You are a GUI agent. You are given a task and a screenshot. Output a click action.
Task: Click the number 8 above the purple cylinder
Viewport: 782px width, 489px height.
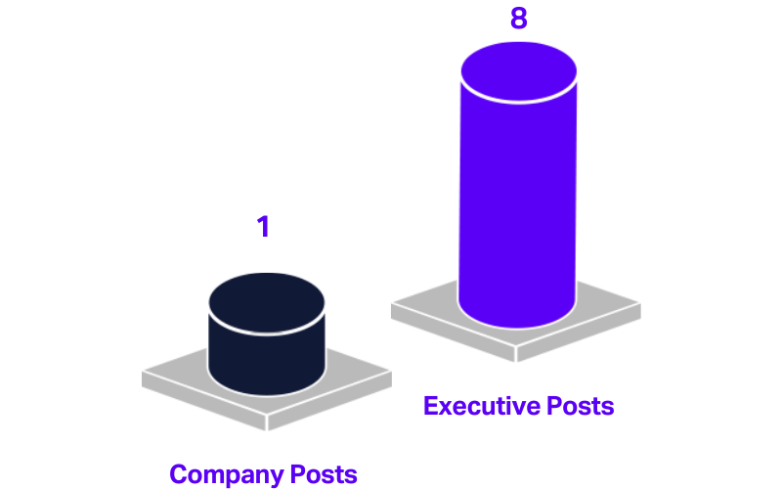(x=519, y=18)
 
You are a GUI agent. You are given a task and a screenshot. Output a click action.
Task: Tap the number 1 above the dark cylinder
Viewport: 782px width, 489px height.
(x=263, y=226)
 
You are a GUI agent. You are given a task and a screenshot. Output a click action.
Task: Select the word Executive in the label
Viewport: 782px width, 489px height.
(x=476, y=405)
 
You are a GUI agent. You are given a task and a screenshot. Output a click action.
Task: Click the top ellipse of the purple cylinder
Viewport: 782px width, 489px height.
(x=519, y=71)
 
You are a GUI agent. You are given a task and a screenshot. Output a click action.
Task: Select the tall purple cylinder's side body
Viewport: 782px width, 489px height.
(x=518, y=205)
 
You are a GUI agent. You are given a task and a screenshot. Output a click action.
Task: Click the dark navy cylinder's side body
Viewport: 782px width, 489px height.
(x=267, y=357)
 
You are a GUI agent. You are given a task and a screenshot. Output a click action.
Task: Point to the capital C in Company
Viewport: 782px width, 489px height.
(x=178, y=475)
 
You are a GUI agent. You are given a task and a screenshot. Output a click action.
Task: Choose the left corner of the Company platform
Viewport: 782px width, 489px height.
(x=144, y=375)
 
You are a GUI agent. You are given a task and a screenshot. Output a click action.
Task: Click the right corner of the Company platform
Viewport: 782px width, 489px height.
(x=390, y=375)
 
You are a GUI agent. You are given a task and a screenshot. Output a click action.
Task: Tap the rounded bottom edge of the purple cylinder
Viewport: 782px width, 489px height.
(x=517, y=326)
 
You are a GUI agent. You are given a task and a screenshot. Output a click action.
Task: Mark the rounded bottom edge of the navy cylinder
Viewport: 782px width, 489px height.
(x=267, y=393)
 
